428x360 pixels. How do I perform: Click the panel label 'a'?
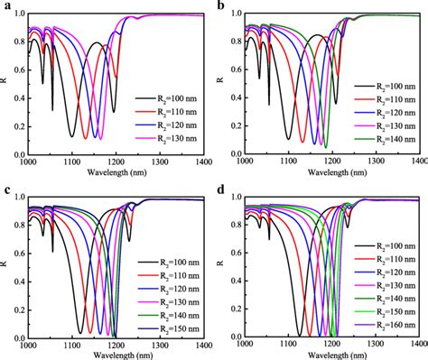pos(6,6)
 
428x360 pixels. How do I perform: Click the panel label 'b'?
pos(222,6)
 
